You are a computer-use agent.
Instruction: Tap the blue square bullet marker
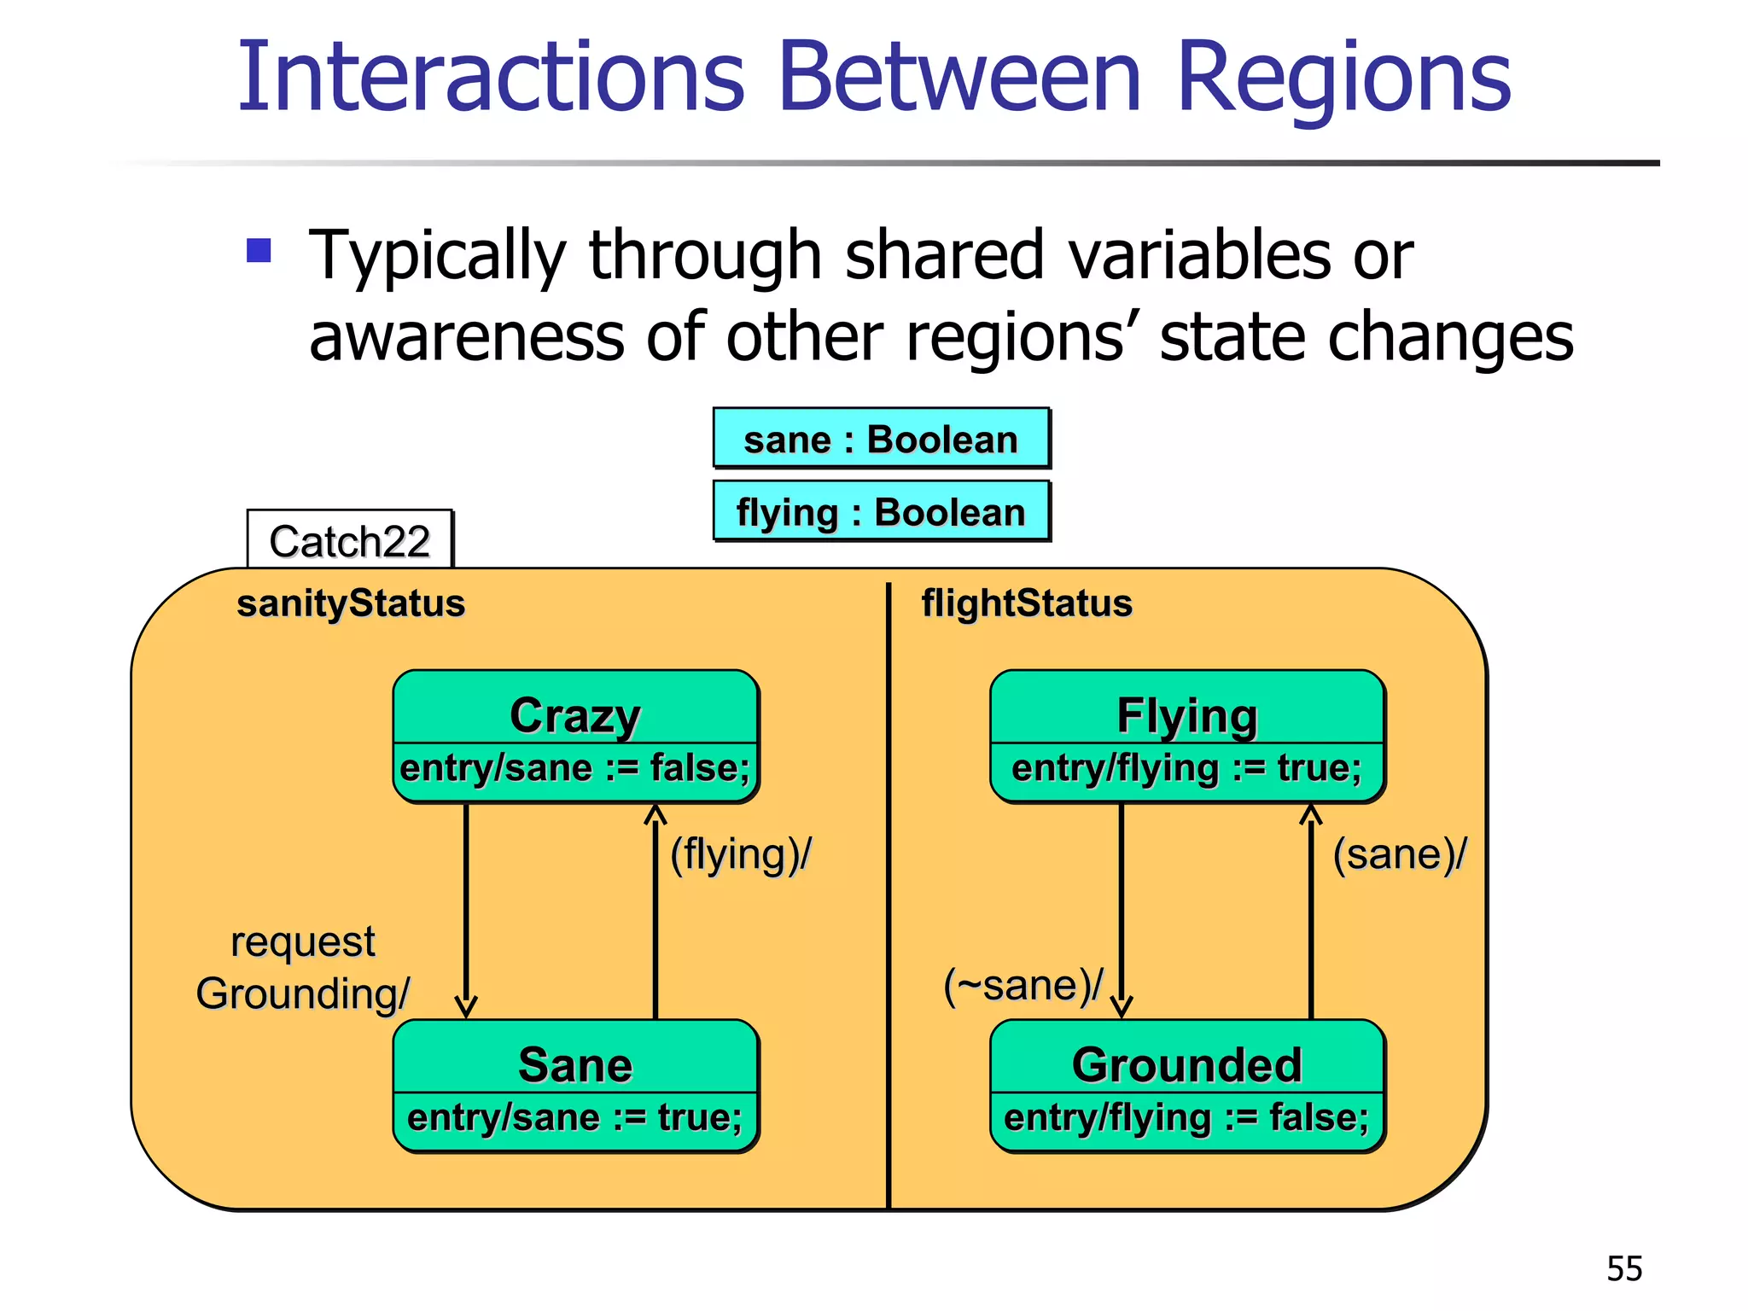coord(259,250)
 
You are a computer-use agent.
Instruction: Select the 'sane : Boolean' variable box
coord(881,439)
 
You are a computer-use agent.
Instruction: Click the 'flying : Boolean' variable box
coord(881,512)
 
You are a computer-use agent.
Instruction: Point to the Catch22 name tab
coord(349,540)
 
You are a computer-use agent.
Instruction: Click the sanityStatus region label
coord(351,603)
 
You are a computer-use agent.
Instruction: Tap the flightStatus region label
coord(1026,603)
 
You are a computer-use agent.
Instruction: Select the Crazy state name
coord(575,714)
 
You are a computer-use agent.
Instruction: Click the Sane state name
coord(575,1064)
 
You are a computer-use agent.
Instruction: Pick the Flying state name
coord(1186,715)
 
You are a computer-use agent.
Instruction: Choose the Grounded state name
coord(1186,1064)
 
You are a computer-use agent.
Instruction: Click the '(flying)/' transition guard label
coord(740,854)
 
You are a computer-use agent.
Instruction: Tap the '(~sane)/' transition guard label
coord(1023,986)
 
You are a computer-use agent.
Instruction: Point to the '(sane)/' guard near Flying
coord(1399,854)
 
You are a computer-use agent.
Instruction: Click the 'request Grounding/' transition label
coord(303,968)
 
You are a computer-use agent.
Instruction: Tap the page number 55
coord(1623,1268)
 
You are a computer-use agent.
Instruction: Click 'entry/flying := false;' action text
coord(1186,1118)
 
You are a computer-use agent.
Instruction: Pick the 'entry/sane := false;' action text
coord(575,768)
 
